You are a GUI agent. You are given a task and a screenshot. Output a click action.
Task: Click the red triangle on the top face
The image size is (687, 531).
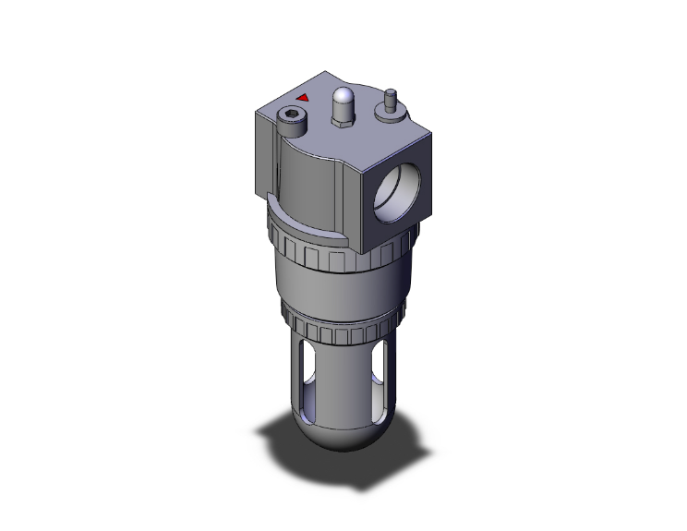(x=302, y=95)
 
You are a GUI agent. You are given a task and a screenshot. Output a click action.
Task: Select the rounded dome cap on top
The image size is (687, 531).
(x=343, y=98)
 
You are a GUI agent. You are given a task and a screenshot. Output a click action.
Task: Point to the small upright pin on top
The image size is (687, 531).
(x=390, y=95)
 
